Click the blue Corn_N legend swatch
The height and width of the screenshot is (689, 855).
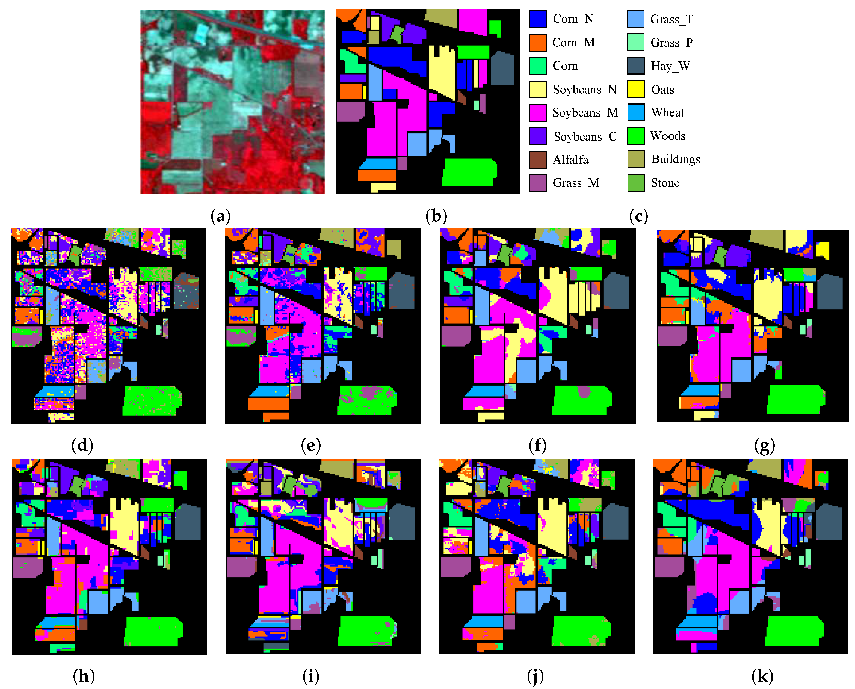click(x=538, y=19)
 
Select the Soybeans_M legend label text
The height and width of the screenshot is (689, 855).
click(x=585, y=113)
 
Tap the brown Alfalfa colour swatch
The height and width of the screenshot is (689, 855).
click(x=538, y=159)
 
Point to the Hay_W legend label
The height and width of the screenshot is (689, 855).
click(x=670, y=66)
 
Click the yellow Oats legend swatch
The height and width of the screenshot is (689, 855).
click(x=635, y=89)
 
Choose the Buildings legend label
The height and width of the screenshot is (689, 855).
click(x=675, y=159)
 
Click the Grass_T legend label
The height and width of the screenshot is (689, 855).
click(x=671, y=19)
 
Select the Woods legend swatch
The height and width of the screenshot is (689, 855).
click(x=635, y=136)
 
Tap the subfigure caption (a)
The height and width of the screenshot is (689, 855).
click(x=220, y=216)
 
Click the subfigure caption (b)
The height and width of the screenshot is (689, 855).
click(x=436, y=216)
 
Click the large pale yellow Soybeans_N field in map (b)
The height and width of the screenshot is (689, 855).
click(x=441, y=75)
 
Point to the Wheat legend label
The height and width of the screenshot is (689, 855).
click(x=667, y=113)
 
